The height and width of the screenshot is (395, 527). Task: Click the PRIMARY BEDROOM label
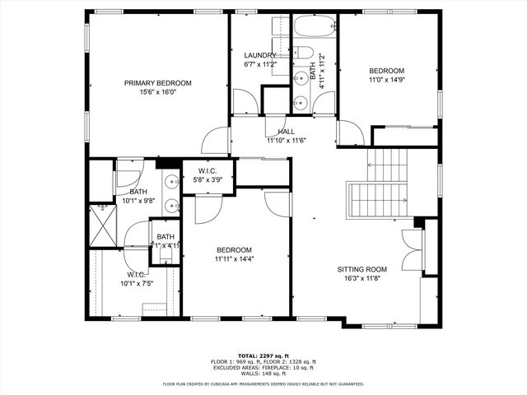coord(158,83)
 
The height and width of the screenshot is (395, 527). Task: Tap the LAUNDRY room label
coord(259,55)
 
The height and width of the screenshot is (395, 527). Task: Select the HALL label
coord(286,132)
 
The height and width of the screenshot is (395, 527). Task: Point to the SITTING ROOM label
coord(361,269)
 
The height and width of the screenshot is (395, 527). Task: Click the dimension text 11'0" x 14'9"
coord(386,81)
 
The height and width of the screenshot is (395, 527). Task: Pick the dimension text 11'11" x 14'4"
coord(235,259)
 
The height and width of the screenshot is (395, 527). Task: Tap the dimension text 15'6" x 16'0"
coord(158,93)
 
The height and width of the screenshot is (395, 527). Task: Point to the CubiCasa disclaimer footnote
coord(263,383)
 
